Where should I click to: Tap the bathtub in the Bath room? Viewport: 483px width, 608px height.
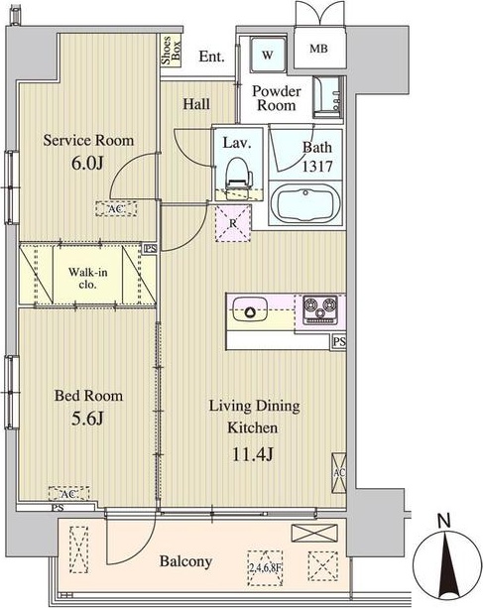coord(305,204)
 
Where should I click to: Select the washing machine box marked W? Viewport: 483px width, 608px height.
coord(268,55)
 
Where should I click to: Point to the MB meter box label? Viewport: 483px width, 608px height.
coord(318,49)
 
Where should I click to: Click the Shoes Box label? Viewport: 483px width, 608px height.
coord(171,51)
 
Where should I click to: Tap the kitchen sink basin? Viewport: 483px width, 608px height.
coord(249,309)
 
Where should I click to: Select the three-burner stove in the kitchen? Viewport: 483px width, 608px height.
coord(319,309)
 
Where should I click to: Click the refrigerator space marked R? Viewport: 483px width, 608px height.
coord(233,223)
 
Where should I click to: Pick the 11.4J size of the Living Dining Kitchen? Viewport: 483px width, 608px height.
coord(252,454)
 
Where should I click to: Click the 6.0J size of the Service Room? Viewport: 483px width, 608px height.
coord(87,164)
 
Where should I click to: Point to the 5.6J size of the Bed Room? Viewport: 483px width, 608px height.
coord(87,419)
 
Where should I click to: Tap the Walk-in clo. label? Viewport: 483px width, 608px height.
coord(87,278)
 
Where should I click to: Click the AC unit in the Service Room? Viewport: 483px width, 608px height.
coord(116,208)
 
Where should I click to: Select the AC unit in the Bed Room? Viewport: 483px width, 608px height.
coord(69,494)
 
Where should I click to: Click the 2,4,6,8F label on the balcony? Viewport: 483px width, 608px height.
coord(265,568)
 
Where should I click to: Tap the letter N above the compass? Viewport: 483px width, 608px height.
coord(443,521)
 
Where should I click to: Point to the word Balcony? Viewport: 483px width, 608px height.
coord(185,561)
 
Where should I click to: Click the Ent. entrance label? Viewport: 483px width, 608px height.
coord(211,57)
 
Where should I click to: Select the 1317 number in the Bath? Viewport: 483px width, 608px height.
coord(317,167)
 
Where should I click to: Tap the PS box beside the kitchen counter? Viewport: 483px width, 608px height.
coord(338,342)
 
